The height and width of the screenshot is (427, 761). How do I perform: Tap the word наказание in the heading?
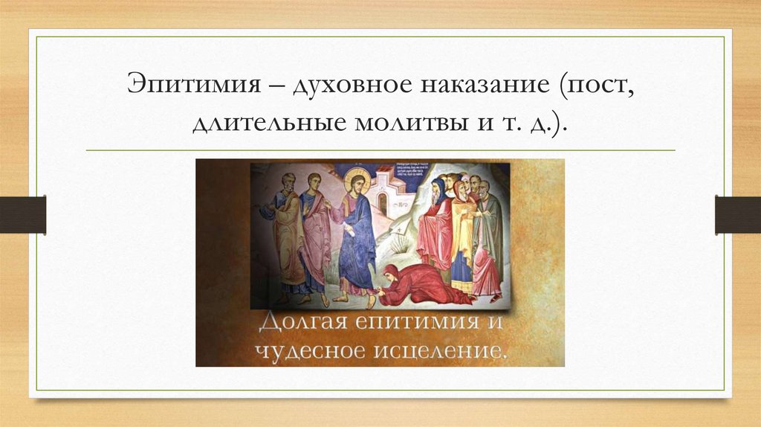point(475,84)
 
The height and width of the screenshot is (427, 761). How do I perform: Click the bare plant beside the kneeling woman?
point(402,245)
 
